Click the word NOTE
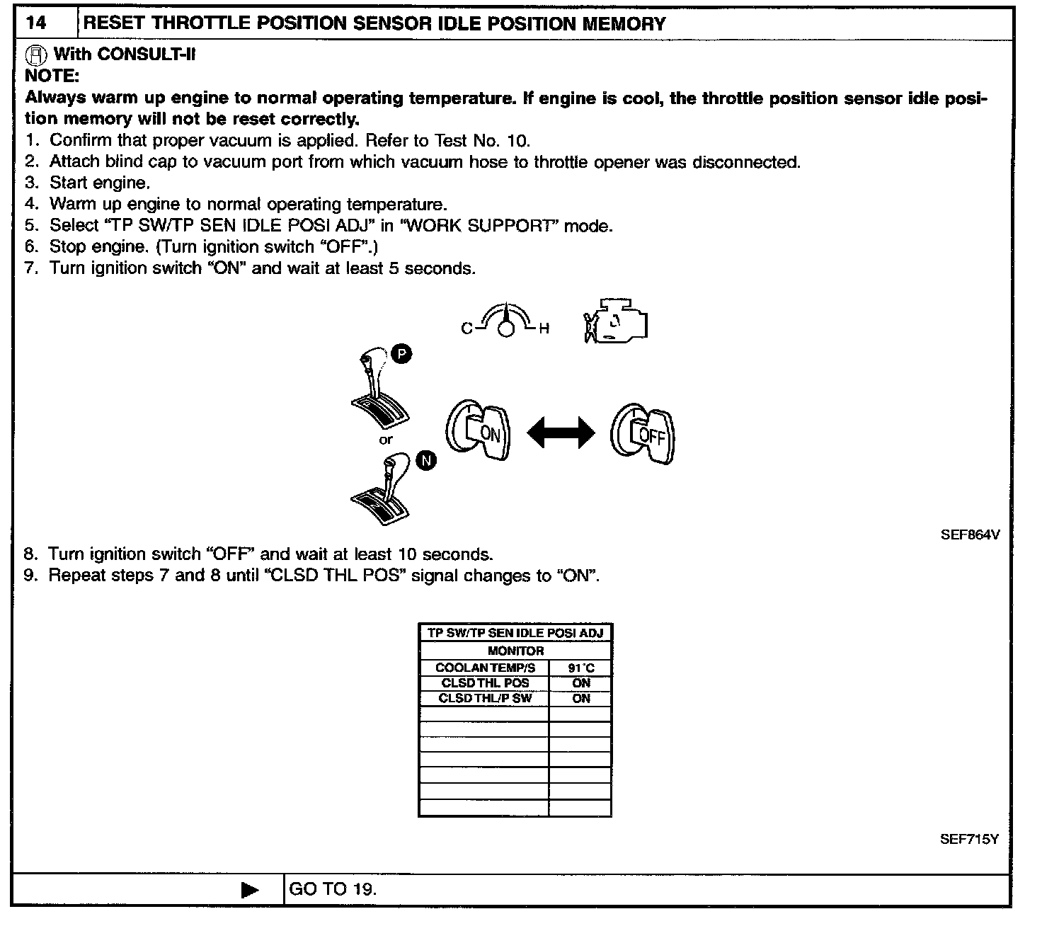52,76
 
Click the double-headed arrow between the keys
561,432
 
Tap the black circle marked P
401,354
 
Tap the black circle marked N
425,462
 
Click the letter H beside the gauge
544,328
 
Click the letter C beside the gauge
466,328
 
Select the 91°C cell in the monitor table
580,668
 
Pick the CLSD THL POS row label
485,683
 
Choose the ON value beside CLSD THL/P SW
580,698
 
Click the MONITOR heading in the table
515,651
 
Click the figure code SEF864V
970,535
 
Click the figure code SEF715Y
969,839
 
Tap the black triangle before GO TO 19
250,890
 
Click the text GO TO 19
333,890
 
